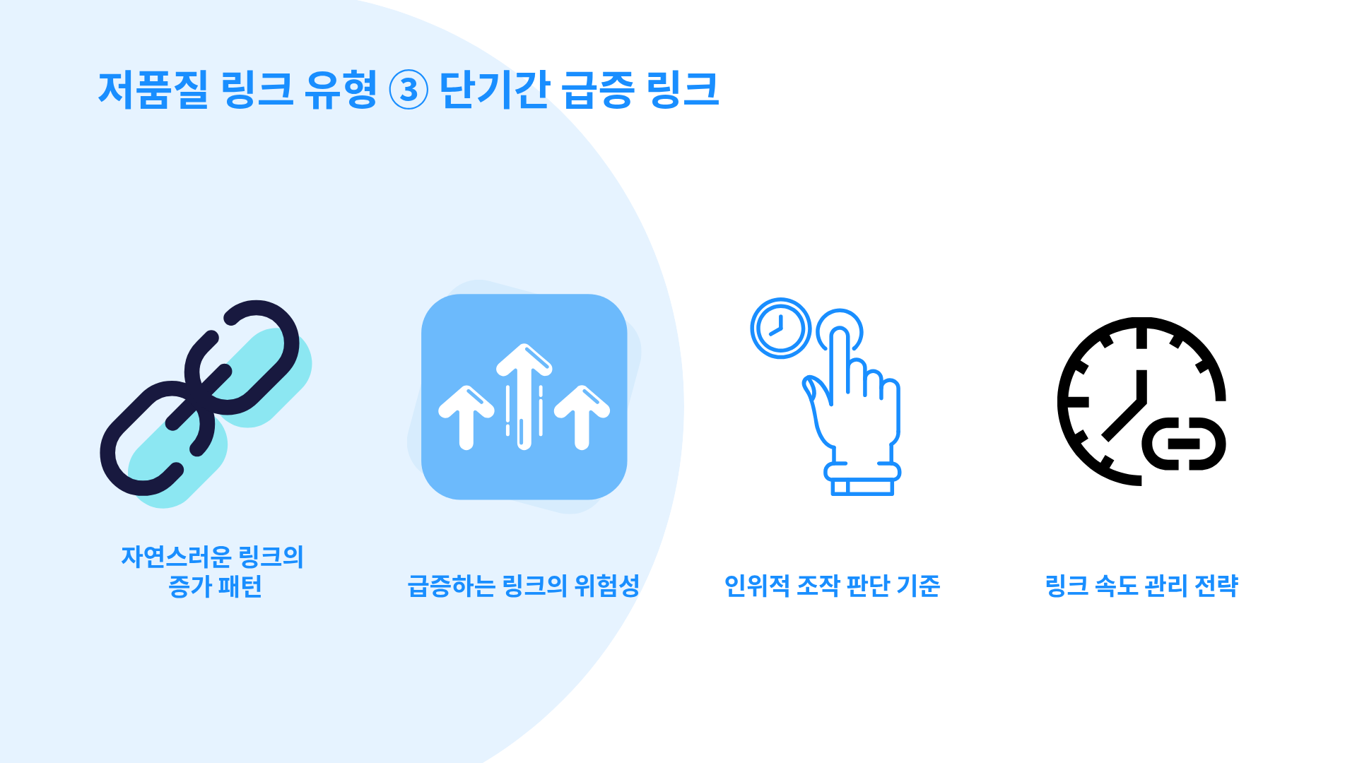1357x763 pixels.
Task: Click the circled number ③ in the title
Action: click(409, 90)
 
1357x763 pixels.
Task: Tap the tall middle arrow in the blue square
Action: click(524, 396)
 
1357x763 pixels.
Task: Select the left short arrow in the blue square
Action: click(466, 417)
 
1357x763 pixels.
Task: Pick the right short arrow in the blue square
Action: click(582, 417)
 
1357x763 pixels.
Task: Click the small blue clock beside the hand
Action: click(780, 328)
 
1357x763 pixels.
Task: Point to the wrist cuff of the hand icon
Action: click(862, 478)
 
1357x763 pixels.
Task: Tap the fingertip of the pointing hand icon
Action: click(840, 335)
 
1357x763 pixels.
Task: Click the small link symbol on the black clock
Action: click(1184, 444)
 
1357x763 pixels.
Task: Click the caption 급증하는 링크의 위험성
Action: click(524, 586)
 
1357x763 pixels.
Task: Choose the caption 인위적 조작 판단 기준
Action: click(833, 586)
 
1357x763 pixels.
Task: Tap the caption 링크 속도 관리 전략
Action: click(1141, 586)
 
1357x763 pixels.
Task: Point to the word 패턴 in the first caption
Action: click(240, 586)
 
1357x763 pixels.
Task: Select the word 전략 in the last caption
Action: click(1216, 586)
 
